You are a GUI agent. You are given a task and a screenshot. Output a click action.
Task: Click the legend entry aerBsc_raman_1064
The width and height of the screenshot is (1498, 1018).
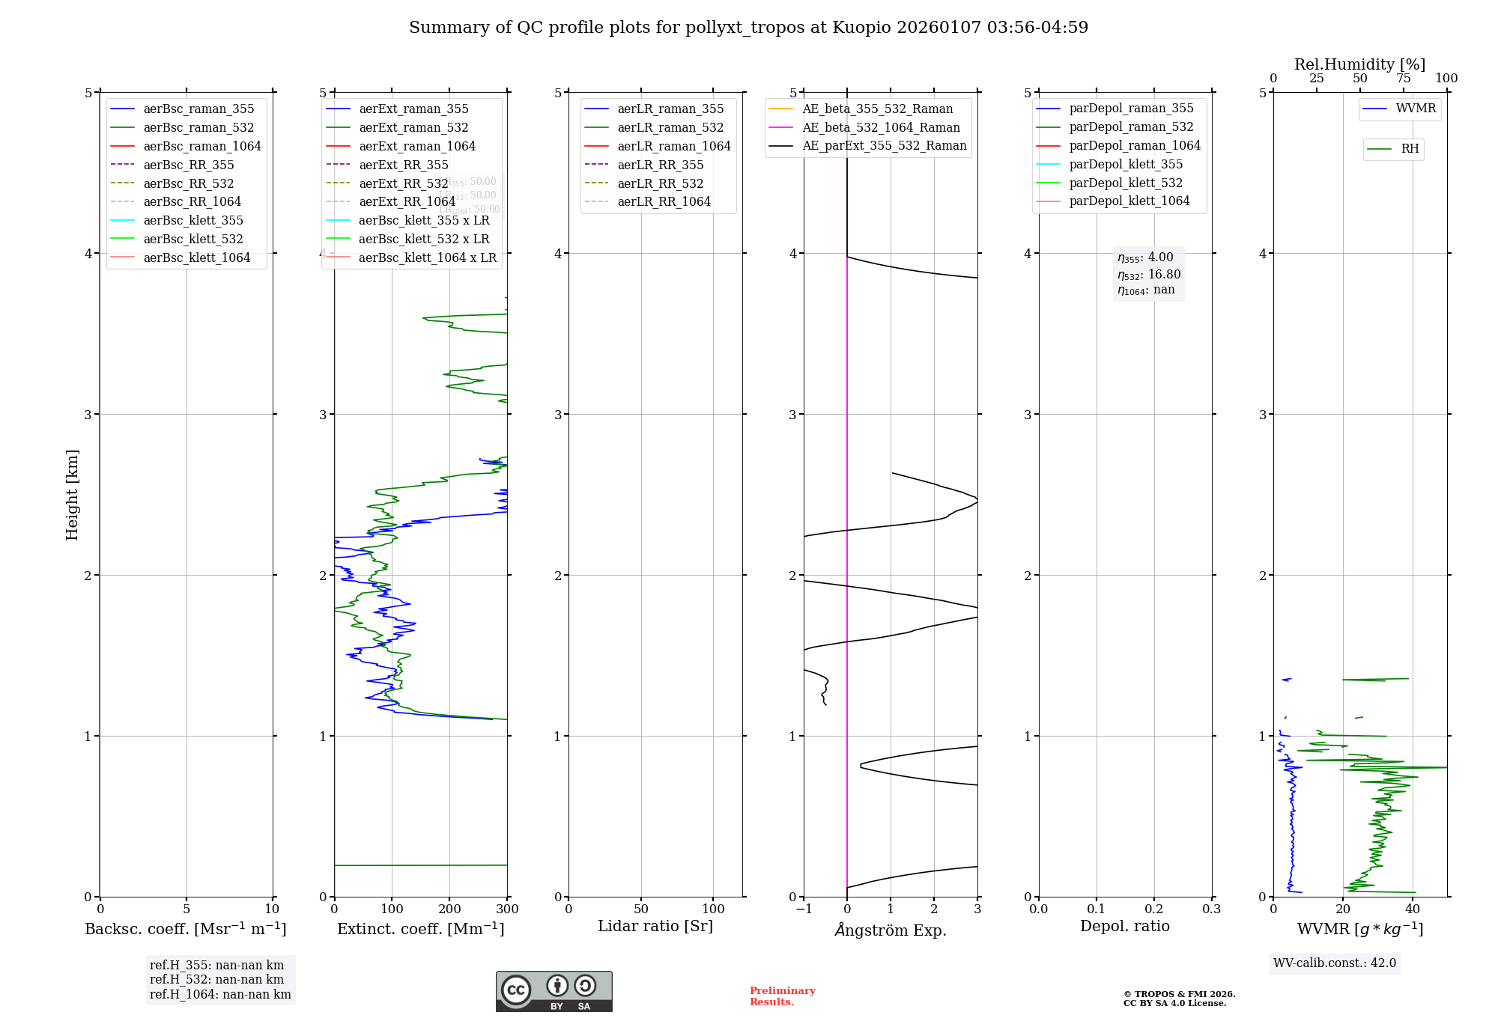tap(202, 146)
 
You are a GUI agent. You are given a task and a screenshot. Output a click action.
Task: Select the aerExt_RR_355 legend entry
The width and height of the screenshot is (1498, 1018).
tap(403, 165)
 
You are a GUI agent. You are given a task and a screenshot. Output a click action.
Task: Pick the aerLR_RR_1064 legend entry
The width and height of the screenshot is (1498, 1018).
tap(664, 201)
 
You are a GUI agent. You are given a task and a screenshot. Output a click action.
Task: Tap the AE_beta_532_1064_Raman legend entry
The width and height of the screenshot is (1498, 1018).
tap(881, 127)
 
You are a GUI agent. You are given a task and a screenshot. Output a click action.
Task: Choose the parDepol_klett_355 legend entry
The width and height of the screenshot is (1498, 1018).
tap(1126, 164)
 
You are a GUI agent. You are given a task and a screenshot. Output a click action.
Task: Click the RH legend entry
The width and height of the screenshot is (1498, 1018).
tap(1410, 149)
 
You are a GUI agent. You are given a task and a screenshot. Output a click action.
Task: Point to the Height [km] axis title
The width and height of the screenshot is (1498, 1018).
tap(72, 495)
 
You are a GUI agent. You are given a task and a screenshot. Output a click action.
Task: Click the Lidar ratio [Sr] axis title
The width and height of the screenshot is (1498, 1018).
tap(655, 926)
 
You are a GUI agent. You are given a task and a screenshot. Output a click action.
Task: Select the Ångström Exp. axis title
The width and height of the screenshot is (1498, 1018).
tap(891, 930)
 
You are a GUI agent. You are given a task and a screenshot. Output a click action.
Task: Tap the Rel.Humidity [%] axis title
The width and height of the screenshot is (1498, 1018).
tap(1359, 64)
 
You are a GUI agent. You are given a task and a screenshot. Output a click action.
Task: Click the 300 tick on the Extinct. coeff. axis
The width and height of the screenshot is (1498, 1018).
tap(508, 909)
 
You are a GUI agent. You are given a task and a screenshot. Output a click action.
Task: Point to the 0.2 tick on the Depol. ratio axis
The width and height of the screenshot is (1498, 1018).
tap(1154, 909)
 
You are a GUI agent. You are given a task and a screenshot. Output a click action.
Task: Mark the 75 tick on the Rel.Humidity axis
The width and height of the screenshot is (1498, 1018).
tap(1404, 79)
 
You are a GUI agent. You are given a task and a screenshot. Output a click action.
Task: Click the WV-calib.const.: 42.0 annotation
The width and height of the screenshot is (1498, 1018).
tap(1335, 963)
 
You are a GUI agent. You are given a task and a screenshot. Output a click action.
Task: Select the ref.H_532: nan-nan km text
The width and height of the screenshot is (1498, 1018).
tap(216, 979)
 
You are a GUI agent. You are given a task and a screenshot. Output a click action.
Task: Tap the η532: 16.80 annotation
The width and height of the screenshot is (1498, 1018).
tap(1149, 274)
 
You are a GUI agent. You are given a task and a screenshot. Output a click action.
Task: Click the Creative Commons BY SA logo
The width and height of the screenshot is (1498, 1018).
tap(554, 991)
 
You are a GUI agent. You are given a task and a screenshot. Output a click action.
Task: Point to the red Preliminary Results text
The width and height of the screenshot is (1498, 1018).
tap(782, 996)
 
